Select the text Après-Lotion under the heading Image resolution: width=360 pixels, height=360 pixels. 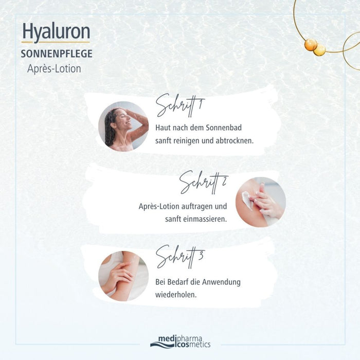tap(54, 68)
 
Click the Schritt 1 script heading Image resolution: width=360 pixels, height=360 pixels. tap(180, 105)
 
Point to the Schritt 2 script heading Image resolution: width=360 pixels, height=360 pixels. tap(204, 182)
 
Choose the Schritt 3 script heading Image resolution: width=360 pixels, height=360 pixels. tap(180, 258)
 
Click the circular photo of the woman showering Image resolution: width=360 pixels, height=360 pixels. tap(123, 126)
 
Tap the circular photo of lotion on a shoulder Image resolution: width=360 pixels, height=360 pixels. tap(260, 202)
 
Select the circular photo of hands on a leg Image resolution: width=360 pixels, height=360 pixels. tap(123, 276)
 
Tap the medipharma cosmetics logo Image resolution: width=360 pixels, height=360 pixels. tap(180, 341)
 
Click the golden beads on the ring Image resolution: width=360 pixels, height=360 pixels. tap(314, 47)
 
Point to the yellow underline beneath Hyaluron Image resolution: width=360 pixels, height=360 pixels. tap(56, 42)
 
